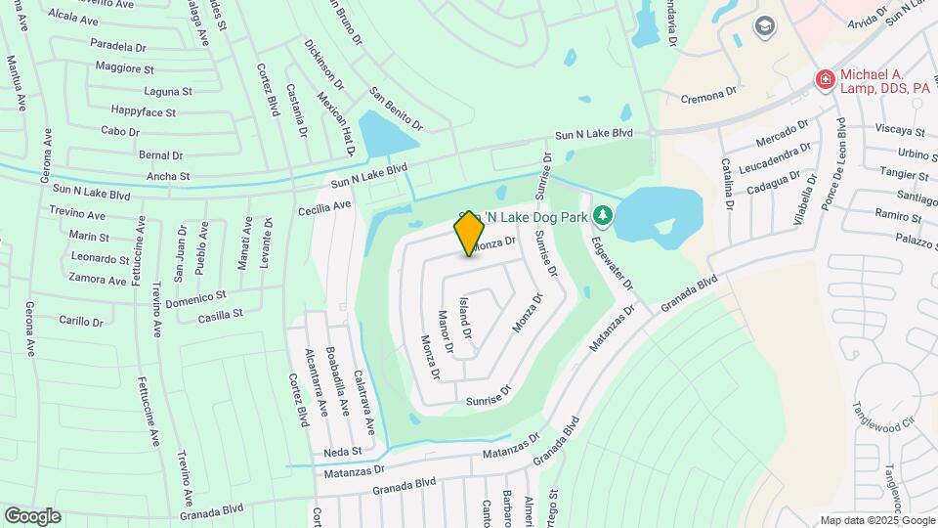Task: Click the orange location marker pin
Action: coord(469,233)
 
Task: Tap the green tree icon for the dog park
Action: coord(604,213)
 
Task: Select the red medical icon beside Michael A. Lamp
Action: coord(826,79)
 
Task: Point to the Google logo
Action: coord(32,516)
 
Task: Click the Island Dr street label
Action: coord(465,319)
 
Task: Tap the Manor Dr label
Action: coord(446,332)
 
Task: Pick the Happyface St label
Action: coord(144,112)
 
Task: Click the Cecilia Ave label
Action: coord(325,207)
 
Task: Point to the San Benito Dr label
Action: coord(396,109)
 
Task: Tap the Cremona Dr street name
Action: coord(708,94)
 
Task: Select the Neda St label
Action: coord(343,452)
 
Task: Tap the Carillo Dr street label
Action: coord(81,321)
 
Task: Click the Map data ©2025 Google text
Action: coord(876,520)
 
